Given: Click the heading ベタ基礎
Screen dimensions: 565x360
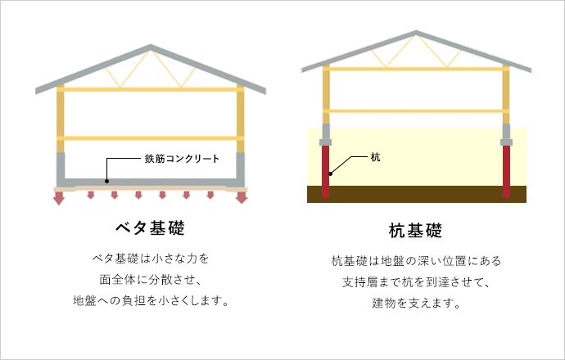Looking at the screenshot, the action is pos(151,228).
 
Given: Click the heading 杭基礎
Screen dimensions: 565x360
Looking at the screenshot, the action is pos(415,231).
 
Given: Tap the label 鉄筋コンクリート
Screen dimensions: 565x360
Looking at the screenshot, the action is pos(182,159).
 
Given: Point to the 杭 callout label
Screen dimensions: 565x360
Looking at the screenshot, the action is pos(376,157).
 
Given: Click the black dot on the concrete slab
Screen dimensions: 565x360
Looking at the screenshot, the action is pos(106,181).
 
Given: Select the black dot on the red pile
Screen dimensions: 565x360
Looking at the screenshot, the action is pos(331,173).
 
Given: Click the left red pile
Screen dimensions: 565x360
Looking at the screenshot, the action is pos(325,171).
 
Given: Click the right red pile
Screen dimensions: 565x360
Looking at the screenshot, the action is pos(506,171).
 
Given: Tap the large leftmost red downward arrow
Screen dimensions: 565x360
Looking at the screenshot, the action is pos(59,198).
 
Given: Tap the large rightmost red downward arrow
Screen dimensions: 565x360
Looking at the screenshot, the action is pos(242,198).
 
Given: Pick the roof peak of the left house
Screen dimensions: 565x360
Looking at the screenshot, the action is pos(151,45).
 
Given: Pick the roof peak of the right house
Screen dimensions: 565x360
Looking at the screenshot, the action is pos(416,32).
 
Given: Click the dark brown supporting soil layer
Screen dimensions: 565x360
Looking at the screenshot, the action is pos(417,194).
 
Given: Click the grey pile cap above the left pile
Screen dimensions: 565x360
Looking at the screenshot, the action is pos(326,135).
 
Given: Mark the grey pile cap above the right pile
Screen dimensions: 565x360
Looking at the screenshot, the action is pos(506,135).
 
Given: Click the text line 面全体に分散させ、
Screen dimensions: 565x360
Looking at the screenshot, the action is pos(151,280).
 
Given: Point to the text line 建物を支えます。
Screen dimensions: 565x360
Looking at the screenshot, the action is pos(416,303).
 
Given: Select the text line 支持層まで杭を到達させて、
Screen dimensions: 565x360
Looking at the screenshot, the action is pos(416,282).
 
